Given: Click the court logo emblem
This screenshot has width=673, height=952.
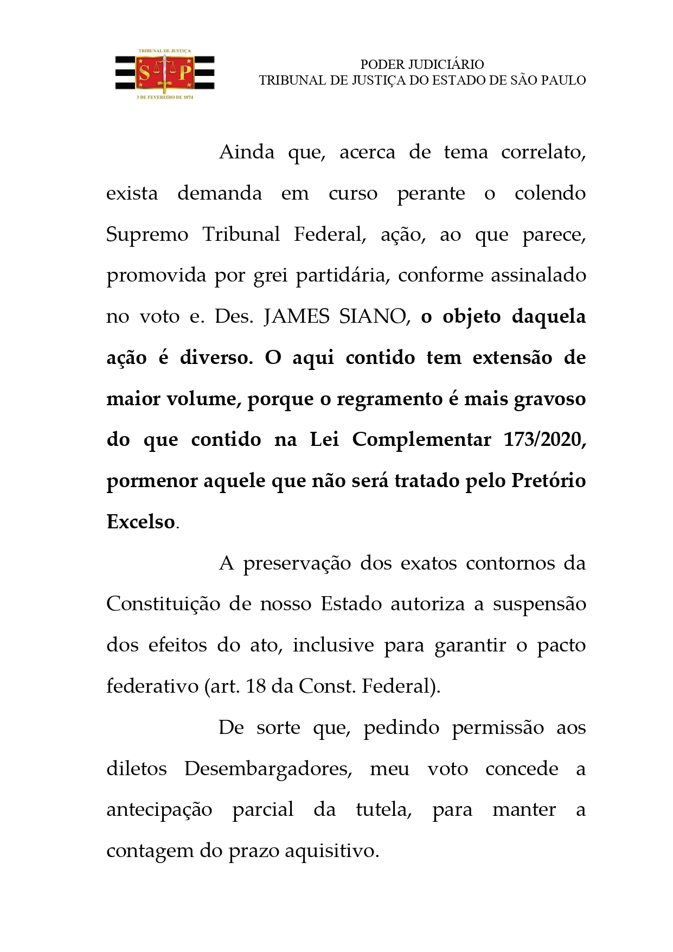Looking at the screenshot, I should point(164,74).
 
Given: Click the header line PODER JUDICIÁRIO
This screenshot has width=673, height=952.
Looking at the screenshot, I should point(422,65).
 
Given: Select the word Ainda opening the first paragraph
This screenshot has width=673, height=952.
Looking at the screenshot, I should point(247,152).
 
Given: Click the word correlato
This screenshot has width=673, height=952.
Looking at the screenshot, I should point(543,152).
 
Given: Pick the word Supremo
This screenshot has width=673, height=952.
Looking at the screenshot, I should point(147,235).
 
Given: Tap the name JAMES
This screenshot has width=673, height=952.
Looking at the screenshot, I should point(296,317).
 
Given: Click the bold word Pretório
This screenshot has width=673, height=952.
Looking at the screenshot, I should point(548,481).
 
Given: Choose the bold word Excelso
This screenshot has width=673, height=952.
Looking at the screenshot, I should point(141,522).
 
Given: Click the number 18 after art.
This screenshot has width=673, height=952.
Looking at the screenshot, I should point(255,687).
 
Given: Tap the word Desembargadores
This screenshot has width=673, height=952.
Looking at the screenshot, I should point(268,769).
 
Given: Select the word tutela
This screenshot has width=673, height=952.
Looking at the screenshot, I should point(383,810).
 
